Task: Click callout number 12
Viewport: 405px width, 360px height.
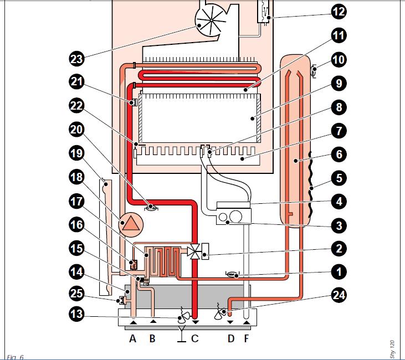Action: click(x=338, y=11)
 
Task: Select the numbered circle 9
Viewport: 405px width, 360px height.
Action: click(x=338, y=84)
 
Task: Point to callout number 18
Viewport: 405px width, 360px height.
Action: click(x=77, y=177)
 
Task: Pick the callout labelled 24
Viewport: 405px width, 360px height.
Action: click(x=338, y=295)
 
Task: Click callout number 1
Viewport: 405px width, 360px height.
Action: click(x=338, y=272)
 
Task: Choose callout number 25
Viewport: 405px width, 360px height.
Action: click(x=77, y=292)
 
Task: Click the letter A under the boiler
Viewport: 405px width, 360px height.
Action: click(x=133, y=338)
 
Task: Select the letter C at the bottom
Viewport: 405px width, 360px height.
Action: click(x=194, y=338)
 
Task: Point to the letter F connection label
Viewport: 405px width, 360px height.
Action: click(x=245, y=338)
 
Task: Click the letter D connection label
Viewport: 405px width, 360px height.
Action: click(x=230, y=338)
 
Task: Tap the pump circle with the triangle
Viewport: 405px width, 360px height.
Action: click(x=132, y=223)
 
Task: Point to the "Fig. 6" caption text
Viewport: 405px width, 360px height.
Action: click(x=15, y=356)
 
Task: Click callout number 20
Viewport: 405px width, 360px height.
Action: click(x=77, y=130)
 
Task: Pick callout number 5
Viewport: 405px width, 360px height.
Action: click(x=338, y=178)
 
